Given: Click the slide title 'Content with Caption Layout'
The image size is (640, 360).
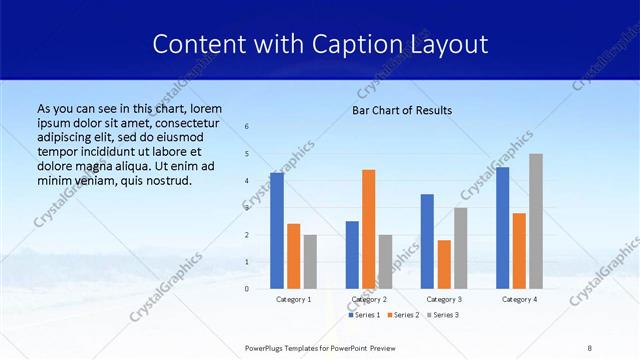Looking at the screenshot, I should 320,45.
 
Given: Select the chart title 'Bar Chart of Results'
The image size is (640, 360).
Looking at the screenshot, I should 402,110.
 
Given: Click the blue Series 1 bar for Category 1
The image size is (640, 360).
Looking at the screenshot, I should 277,231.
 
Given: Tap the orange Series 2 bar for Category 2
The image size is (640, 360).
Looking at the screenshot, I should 369,229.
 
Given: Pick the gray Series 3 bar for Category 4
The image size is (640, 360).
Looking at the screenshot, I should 536,221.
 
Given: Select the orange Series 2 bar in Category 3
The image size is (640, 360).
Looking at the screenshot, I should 444,264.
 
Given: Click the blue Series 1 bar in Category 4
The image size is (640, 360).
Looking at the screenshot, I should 503,228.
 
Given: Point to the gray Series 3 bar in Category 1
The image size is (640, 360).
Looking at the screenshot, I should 310,262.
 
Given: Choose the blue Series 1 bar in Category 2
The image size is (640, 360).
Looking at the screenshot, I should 352,255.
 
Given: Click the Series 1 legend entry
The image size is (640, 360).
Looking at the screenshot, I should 364,315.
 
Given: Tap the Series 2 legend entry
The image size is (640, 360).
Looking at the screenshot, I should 402,315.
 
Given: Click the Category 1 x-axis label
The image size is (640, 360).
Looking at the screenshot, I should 293,299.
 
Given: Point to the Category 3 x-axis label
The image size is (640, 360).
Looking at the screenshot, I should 444,299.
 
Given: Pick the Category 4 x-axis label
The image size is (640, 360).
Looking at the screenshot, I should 519,299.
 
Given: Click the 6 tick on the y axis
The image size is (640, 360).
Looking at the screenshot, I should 247,127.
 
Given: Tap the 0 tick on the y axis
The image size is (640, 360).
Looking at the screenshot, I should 247,289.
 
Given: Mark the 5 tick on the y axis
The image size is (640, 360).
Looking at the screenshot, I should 247,154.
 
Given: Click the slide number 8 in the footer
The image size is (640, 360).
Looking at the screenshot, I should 590,347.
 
